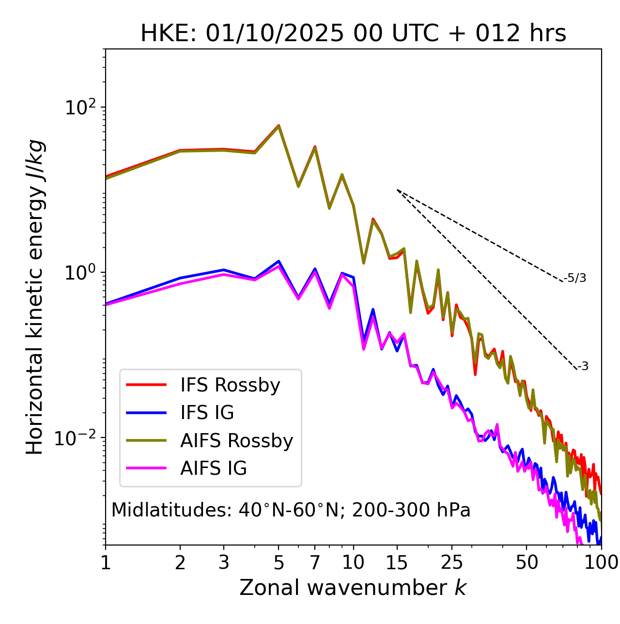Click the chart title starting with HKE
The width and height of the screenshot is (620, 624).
(x=353, y=34)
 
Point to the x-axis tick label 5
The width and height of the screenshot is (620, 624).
(x=279, y=562)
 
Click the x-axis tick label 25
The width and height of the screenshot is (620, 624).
(x=452, y=562)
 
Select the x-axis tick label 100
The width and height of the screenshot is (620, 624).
(x=601, y=562)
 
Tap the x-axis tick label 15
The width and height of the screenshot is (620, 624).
(x=397, y=562)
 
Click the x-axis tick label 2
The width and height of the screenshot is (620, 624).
(x=180, y=562)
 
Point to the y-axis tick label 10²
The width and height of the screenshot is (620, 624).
(x=80, y=107)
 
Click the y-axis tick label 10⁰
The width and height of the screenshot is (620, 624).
(x=80, y=273)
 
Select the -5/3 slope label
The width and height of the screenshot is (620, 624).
(x=575, y=278)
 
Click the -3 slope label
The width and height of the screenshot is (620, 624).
(x=583, y=367)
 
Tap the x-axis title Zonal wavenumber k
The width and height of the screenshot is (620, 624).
(x=353, y=588)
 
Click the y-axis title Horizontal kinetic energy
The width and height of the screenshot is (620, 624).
(x=35, y=297)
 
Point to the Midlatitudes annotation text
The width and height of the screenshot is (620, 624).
(x=291, y=510)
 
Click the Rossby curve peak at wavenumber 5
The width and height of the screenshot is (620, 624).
(x=279, y=125)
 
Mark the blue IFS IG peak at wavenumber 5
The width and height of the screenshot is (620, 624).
(x=279, y=261)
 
